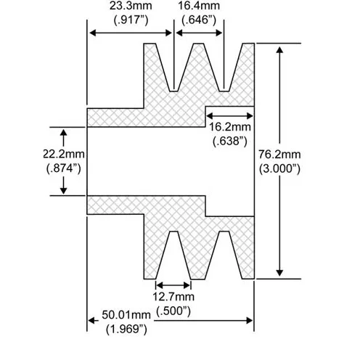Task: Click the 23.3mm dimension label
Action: tap(131, 6)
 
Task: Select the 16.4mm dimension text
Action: tap(199, 6)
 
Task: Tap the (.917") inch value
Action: tap(131, 20)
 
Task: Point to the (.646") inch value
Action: tap(199, 20)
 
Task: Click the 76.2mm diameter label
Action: tap(279, 155)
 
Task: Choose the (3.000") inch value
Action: tap(279, 168)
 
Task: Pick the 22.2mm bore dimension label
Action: tap(64, 154)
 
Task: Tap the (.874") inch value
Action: tap(64, 168)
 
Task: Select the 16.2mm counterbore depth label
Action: tap(229, 127)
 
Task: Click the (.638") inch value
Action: tap(230, 141)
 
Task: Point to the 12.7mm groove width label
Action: tap(173, 297)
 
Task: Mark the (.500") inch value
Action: tap(173, 311)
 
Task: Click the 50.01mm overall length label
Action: tap(126, 315)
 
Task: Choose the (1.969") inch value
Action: tap(126, 329)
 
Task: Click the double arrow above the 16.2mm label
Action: tap(229, 116)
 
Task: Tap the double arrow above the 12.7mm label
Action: tap(173, 285)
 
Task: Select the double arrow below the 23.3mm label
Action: tap(131, 33)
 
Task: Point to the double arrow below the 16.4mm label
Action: tap(199, 33)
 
